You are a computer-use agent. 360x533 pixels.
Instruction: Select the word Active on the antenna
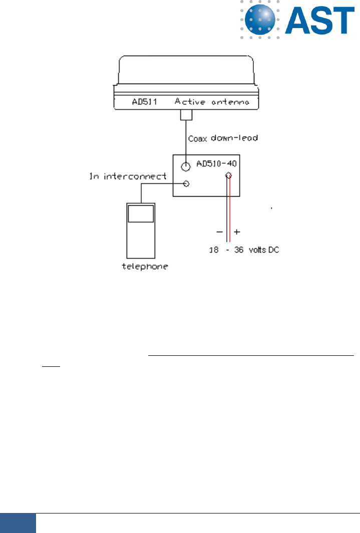coord(189,102)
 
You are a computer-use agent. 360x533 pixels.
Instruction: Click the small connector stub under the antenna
coord(186,116)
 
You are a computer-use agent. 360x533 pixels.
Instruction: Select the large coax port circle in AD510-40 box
coord(186,166)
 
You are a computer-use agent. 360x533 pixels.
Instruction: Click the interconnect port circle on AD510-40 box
coord(187,184)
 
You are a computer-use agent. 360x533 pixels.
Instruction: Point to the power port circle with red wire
coord(229,175)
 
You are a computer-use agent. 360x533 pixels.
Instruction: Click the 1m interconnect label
coord(128,176)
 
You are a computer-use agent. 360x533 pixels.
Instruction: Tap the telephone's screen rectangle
coord(141,214)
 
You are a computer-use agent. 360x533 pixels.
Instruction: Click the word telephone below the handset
coord(145,266)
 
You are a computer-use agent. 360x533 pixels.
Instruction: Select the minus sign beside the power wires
coord(219,232)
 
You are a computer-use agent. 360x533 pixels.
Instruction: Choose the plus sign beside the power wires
coord(237,232)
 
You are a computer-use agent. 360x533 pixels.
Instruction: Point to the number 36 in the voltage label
coord(240,250)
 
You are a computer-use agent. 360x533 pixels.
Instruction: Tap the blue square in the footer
coord(18,523)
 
